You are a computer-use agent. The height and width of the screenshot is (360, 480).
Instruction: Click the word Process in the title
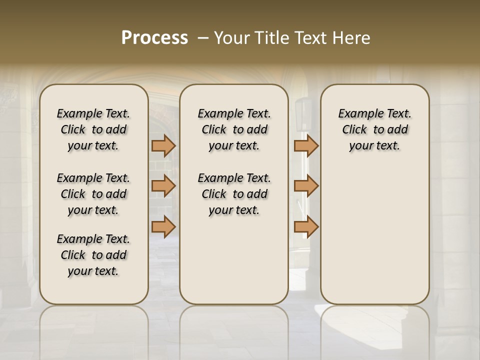154,38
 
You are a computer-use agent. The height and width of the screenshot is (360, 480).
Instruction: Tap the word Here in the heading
353,38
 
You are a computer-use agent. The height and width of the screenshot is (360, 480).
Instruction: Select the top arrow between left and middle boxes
163,145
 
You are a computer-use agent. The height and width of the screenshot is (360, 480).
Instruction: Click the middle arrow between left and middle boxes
163,186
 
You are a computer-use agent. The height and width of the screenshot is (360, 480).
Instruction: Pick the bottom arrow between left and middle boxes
163,226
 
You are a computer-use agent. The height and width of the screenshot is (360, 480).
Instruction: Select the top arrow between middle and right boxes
306,145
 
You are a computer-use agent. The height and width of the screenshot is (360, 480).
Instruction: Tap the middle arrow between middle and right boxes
306,186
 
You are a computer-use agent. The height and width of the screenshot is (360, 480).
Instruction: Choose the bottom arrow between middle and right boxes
306,226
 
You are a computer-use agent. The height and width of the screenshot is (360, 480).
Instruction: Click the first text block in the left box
93,129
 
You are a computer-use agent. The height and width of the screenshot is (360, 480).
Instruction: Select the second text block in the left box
93,194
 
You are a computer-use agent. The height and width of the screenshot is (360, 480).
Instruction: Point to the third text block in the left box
93,255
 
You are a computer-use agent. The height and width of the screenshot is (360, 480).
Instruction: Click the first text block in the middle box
234,129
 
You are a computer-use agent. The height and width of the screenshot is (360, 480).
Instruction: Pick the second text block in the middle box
234,194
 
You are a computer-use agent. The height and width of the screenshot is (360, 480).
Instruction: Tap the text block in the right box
375,129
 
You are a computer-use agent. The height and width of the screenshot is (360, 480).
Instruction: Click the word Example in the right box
356,113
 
